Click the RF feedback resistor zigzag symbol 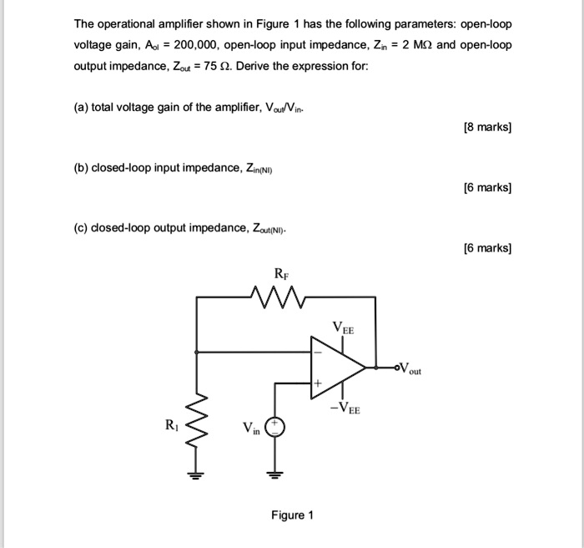click(x=279, y=297)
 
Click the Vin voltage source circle click(x=274, y=428)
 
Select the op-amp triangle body click(x=338, y=368)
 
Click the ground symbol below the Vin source click(x=274, y=475)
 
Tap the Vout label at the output click(x=410, y=368)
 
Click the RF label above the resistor click(x=282, y=274)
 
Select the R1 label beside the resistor click(x=172, y=425)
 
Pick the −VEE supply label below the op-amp click(x=345, y=408)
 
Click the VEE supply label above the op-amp click(x=344, y=328)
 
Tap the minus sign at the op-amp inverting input click(x=318, y=353)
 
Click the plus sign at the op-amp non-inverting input click(x=318, y=383)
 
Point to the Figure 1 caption click(x=292, y=515)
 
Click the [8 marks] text click(x=487, y=127)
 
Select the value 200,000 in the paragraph click(x=194, y=45)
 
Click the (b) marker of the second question click(x=81, y=168)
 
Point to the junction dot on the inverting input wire click(x=196, y=352)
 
